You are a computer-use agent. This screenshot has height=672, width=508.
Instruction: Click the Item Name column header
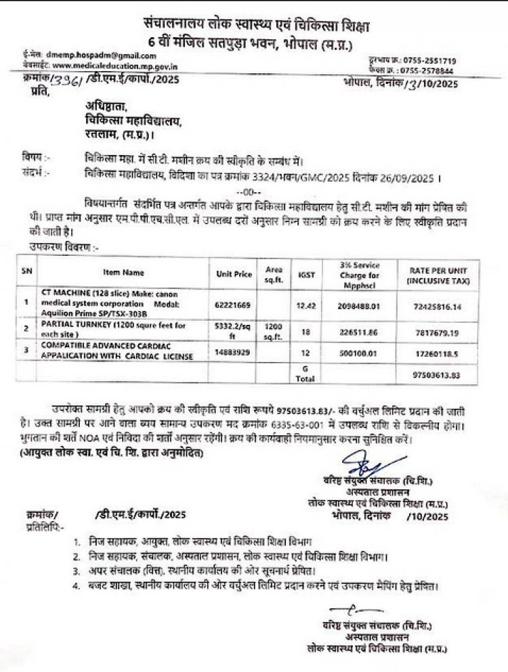(124, 273)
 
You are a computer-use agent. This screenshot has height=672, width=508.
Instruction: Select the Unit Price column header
(233, 274)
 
